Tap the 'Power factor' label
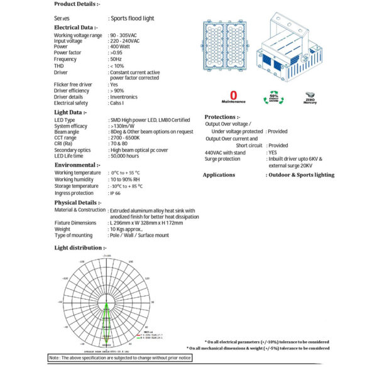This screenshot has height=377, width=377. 70,53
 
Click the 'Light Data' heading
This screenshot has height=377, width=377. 71,112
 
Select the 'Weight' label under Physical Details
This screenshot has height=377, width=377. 63,229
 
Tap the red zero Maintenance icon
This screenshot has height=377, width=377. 234,97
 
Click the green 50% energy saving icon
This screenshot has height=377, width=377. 274,97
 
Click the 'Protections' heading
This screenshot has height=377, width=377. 222,117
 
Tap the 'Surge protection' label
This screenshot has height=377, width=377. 222,159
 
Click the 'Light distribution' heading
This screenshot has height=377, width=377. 80,248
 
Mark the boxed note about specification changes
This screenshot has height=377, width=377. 119,358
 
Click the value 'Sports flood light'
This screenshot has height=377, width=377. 132,19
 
